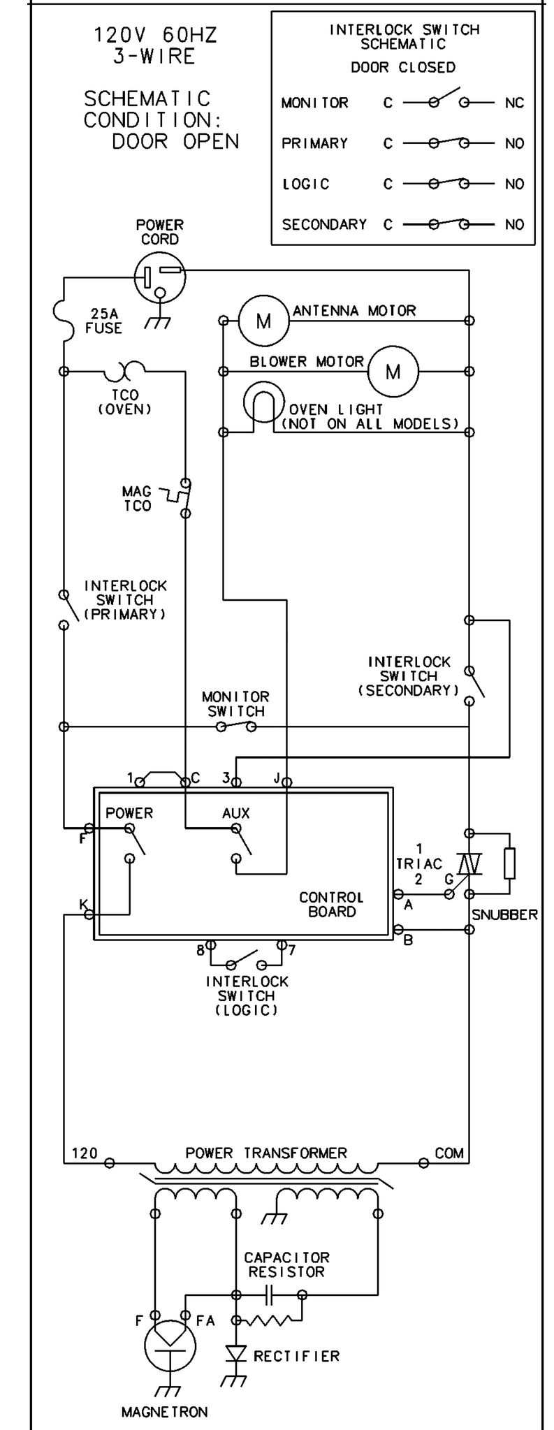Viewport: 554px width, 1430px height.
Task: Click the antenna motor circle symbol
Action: coord(263,321)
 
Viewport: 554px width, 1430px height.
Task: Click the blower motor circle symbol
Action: coord(393,371)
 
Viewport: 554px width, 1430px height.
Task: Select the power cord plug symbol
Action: coord(160,277)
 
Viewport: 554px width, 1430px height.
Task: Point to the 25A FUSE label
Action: coord(103,321)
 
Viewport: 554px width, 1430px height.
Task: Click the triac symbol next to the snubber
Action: coord(469,864)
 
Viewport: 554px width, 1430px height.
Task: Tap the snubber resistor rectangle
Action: coord(510,863)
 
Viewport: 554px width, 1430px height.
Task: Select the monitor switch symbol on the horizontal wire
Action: coord(235,726)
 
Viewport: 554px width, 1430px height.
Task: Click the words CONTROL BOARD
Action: coord(331,904)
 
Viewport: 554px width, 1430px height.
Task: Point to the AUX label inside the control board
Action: coord(236,813)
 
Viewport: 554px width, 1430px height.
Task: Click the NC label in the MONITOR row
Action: coord(514,103)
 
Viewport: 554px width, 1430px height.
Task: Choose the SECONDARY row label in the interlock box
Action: coord(324,224)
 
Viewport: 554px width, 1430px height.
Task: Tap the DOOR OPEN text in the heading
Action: coord(175,141)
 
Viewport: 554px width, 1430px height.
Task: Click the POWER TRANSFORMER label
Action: coord(266,1153)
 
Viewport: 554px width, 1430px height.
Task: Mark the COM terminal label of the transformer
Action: coord(449,1153)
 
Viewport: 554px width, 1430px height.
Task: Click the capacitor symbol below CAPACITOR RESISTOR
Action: coord(268,1294)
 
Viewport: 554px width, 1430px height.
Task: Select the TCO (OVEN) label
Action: coord(124,402)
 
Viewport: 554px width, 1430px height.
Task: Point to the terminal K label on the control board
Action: coord(84,905)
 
